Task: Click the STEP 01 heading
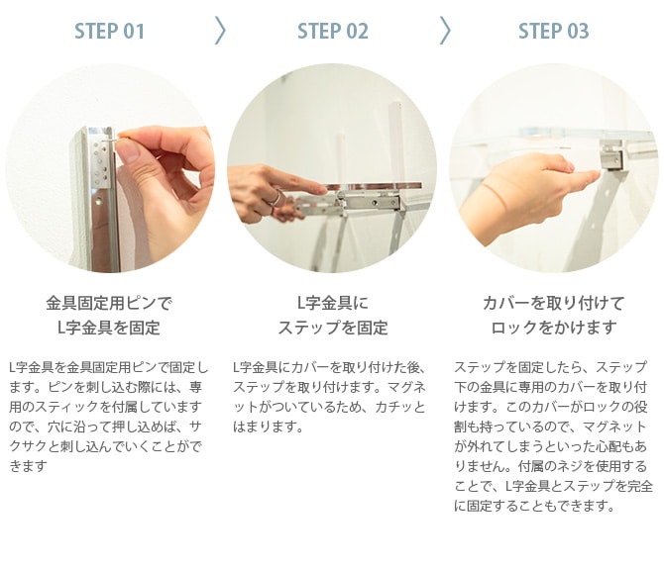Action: click(x=110, y=32)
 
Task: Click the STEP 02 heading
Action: click(x=333, y=32)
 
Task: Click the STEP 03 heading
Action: click(x=553, y=32)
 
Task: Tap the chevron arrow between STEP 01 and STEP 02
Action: click(x=220, y=31)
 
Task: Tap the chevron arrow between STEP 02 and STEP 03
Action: click(x=445, y=31)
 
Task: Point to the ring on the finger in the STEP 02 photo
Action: click(x=276, y=198)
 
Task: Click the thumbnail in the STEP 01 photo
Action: click(x=128, y=151)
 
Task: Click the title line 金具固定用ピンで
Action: click(x=110, y=304)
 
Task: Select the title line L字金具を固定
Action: click(x=109, y=328)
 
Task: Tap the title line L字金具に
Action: click(x=333, y=303)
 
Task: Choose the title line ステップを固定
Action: click(x=333, y=328)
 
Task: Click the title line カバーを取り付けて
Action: click(x=553, y=304)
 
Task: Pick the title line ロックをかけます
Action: click(x=553, y=328)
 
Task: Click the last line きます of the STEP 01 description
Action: click(x=28, y=466)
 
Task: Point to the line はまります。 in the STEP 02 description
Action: click(x=269, y=427)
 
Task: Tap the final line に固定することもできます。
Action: click(x=534, y=506)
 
